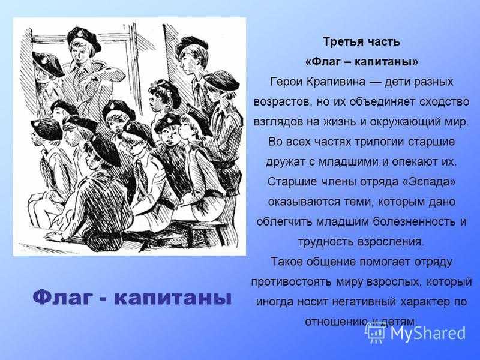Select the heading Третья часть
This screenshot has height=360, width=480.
pos(362,41)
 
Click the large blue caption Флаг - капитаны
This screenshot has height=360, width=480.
pos(131,298)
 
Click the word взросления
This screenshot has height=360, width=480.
pos(390,242)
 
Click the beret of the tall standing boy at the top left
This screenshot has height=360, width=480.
pos(84,38)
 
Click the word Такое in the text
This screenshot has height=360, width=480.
pos(286,262)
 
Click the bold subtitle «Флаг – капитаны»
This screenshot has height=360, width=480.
pos(362,62)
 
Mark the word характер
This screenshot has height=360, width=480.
pos(424,302)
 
